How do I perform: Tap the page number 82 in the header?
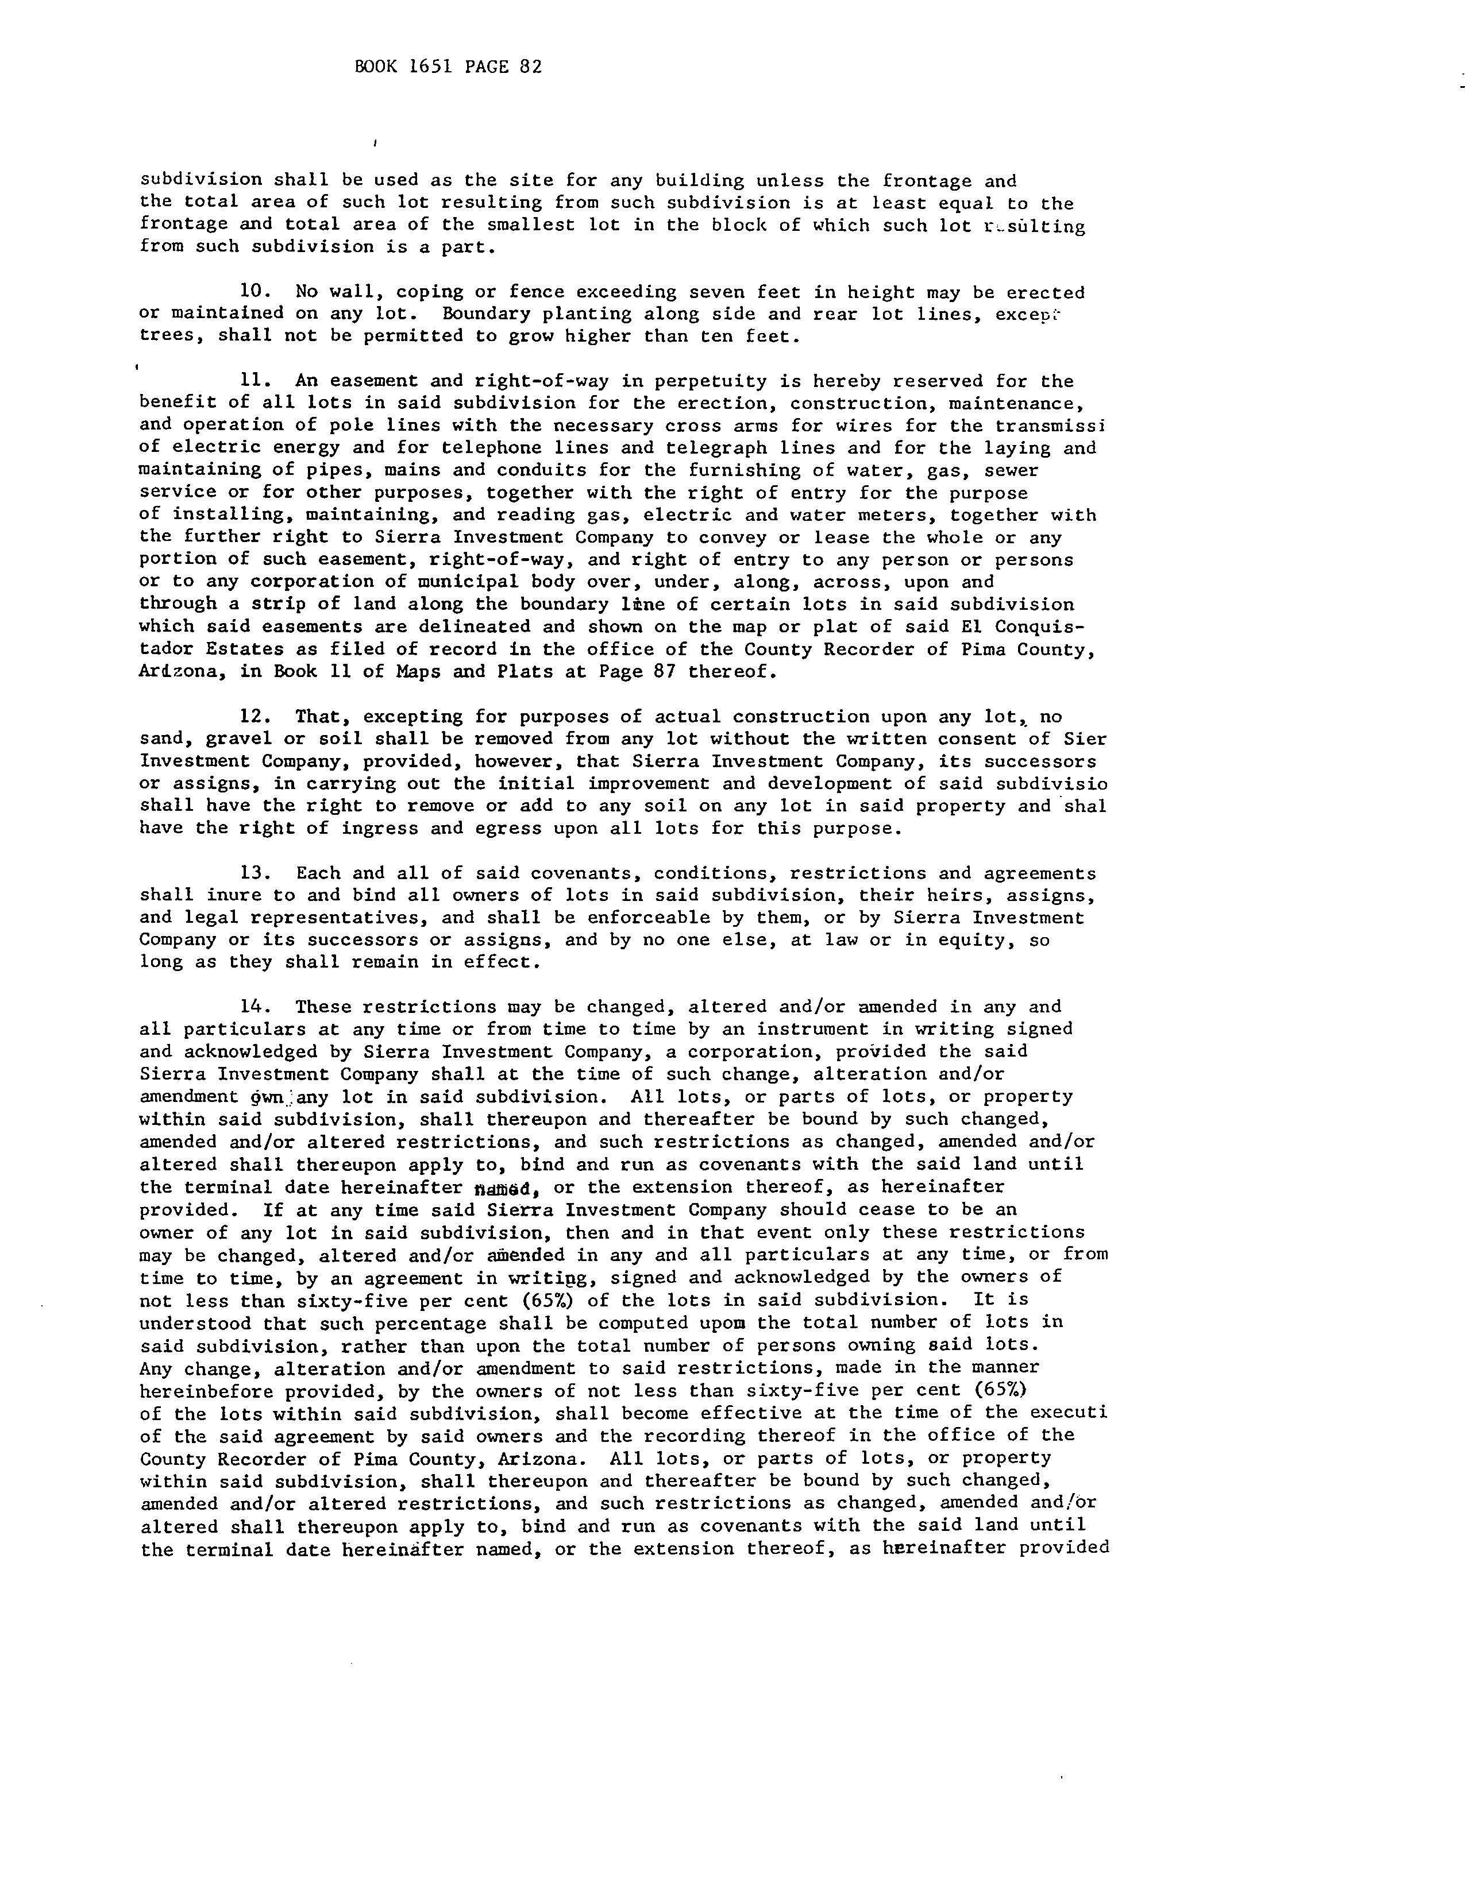(530, 67)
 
